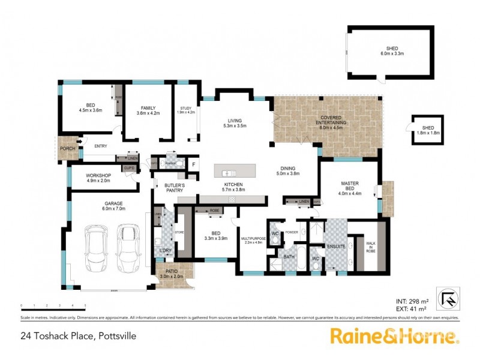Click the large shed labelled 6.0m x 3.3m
(392, 51)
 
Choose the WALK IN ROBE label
(370, 247)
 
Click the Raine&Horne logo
(394, 337)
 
